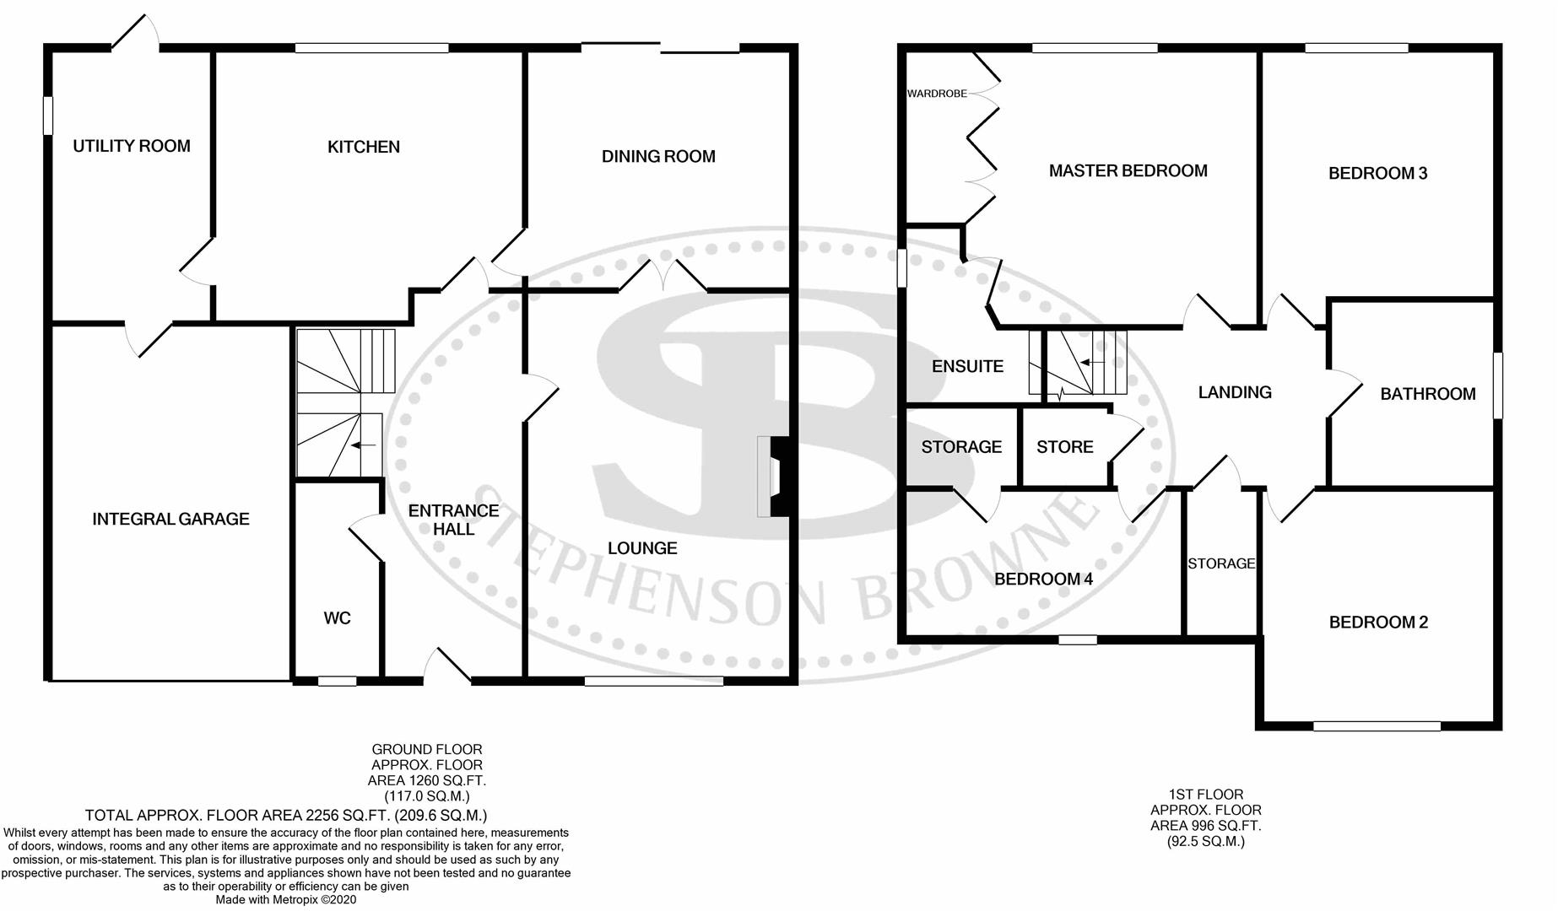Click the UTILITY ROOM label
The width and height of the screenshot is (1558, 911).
click(x=132, y=146)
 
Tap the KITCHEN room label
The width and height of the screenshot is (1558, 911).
click(x=364, y=147)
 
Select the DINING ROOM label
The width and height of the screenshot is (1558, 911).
click(x=658, y=156)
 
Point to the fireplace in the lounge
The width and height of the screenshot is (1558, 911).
click(x=773, y=477)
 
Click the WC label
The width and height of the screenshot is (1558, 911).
click(x=337, y=618)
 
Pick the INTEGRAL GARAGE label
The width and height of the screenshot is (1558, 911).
click(x=170, y=519)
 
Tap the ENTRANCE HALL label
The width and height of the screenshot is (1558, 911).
click(x=453, y=520)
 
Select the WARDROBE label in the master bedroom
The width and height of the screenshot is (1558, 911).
click(x=937, y=94)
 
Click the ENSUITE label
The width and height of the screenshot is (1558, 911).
click(x=967, y=366)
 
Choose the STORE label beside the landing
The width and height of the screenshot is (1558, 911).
click(x=1064, y=447)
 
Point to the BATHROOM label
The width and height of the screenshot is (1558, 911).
click(x=1427, y=394)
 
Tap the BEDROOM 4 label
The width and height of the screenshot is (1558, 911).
click(x=1043, y=579)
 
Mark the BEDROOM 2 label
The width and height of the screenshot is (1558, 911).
click(x=1378, y=623)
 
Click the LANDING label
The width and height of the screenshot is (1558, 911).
click(x=1235, y=392)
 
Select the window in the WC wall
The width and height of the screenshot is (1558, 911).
click(x=337, y=680)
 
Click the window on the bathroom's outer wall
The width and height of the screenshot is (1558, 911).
click(x=1498, y=385)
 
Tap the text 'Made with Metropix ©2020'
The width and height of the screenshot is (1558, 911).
click(x=286, y=900)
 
